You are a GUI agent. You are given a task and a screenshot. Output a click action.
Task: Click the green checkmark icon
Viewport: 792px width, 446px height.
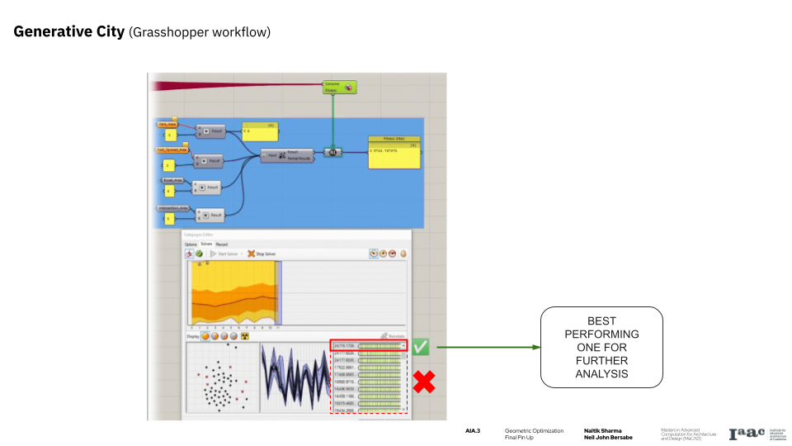click(x=422, y=347)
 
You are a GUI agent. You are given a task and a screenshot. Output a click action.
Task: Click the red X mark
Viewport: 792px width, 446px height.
click(x=424, y=382)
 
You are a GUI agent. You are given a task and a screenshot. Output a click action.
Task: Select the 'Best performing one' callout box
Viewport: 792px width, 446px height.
click(x=601, y=347)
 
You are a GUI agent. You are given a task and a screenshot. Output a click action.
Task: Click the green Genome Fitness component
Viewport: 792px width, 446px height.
click(x=338, y=87)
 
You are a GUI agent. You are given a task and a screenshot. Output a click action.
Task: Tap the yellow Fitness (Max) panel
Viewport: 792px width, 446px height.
click(x=394, y=152)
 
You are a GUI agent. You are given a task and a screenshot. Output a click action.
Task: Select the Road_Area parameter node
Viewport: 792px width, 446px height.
click(x=171, y=178)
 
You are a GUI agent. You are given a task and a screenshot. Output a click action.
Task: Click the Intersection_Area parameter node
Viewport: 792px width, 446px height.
click(x=172, y=208)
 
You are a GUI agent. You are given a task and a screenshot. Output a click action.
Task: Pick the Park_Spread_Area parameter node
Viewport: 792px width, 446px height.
click(x=172, y=149)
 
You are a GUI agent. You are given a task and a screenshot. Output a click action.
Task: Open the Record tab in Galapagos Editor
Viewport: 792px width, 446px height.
click(x=222, y=244)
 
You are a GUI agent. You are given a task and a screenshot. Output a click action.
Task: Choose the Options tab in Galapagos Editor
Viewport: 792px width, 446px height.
click(x=190, y=244)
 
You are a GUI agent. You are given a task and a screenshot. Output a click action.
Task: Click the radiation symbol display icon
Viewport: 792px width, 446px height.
click(x=244, y=336)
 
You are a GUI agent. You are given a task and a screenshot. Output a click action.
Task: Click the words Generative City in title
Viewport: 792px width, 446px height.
click(x=69, y=32)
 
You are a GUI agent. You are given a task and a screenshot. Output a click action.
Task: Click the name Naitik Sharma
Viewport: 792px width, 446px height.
click(x=602, y=430)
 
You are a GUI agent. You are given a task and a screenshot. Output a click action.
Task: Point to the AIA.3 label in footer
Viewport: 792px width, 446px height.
click(x=473, y=430)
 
